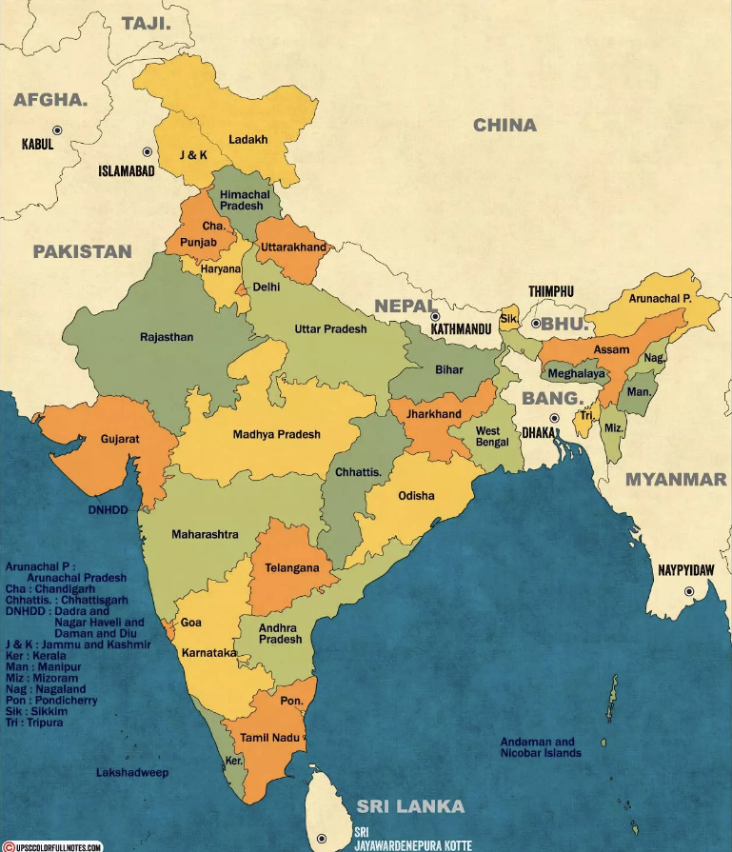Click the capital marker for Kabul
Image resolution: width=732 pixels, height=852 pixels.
57,129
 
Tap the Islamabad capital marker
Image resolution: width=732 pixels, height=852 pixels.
148,151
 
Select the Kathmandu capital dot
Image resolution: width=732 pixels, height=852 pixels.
435,316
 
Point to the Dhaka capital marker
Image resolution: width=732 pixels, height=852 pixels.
553,418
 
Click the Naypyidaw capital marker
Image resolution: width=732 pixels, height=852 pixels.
687,591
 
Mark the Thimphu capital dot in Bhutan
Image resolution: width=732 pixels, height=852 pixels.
536,324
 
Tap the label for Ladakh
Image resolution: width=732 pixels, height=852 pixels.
247,139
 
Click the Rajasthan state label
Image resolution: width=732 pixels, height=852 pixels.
167,337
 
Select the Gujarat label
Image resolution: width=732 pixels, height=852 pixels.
120,440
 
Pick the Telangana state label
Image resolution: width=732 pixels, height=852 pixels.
291,568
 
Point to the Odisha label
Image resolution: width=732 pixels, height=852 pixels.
416,496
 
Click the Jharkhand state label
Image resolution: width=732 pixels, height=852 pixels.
433,414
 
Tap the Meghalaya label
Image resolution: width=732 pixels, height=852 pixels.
577,374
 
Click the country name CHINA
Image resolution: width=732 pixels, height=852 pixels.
504,125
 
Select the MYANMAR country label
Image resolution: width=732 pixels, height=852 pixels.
675,480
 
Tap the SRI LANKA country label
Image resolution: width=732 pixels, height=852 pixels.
410,806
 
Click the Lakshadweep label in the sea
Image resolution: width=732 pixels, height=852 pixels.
132,773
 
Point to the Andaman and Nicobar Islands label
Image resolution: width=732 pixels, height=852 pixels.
541,747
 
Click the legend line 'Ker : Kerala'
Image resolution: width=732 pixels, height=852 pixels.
37,657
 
